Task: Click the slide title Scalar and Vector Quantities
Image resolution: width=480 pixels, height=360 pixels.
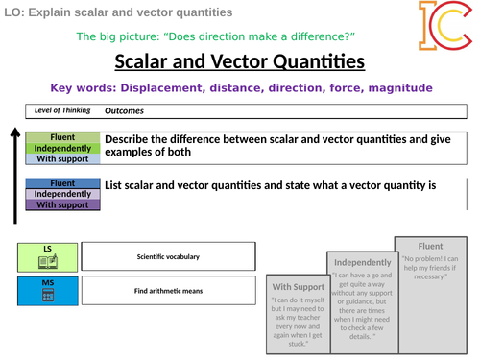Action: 239,62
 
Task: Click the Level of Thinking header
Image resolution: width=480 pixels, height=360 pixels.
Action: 61,109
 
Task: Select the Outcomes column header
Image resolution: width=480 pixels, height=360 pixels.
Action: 124,109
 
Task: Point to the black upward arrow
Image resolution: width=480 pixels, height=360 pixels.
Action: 12,168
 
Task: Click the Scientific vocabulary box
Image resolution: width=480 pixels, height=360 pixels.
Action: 168,256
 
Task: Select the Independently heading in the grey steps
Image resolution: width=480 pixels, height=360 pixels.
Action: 362,262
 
